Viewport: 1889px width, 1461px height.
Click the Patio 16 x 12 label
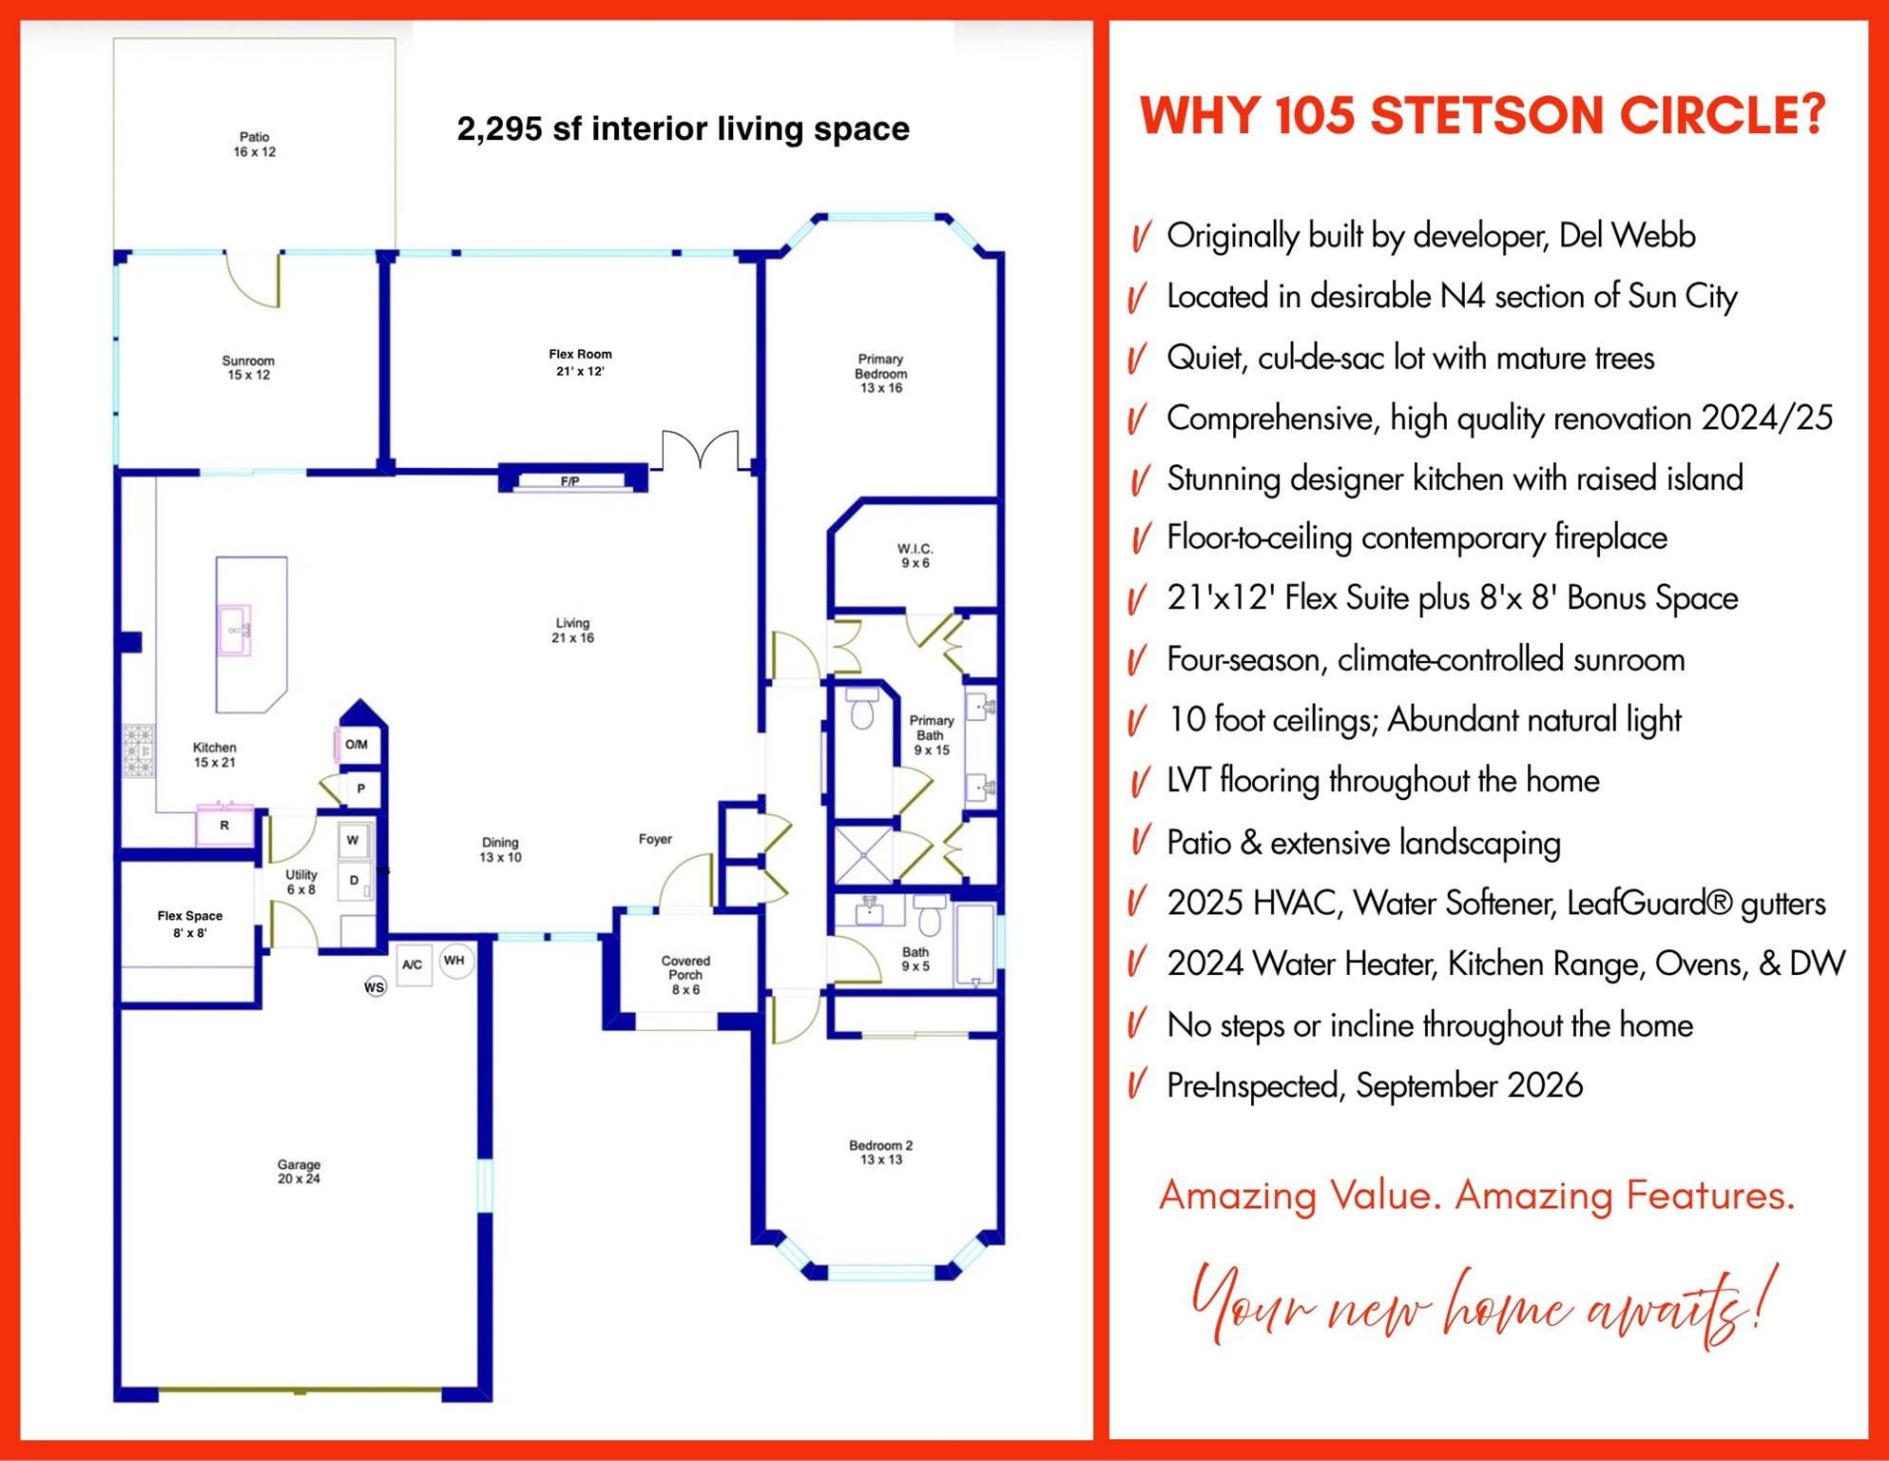pyautogui.click(x=255, y=145)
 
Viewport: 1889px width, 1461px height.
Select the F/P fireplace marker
pyautogui.click(x=569, y=481)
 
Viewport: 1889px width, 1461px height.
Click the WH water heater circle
pyautogui.click(x=454, y=961)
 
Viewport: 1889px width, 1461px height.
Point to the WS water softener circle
pyautogui.click(x=375, y=987)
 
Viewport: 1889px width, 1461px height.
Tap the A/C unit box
pyautogui.click(x=413, y=964)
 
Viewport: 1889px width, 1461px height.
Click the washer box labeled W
pyautogui.click(x=353, y=841)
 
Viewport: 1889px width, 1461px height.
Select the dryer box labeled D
pyautogui.click(x=354, y=881)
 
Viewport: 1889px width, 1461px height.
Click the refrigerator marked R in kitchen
pyautogui.click(x=224, y=826)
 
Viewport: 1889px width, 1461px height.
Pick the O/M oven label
pyautogui.click(x=357, y=745)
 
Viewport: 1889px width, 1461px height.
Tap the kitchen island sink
pyautogui.click(x=234, y=631)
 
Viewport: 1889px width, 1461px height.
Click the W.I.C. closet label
pyautogui.click(x=916, y=555)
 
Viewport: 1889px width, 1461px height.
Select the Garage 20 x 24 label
pyautogui.click(x=299, y=1171)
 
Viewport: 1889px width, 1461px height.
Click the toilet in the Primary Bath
pyautogui.click(x=863, y=709)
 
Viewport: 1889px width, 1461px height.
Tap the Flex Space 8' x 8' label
pyautogui.click(x=190, y=924)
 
